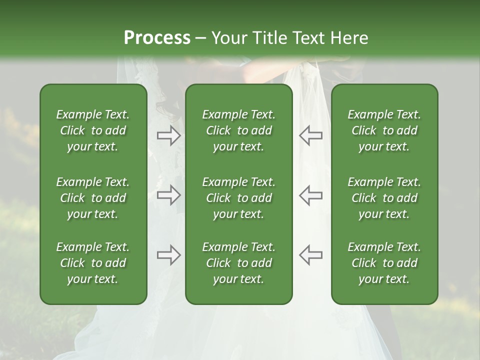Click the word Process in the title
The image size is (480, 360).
[x=157, y=38]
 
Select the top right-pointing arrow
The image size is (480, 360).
[x=169, y=135]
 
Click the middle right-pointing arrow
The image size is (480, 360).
[x=169, y=195]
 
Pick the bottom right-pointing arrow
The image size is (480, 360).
[x=169, y=255]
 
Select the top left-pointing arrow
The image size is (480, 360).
[x=310, y=135]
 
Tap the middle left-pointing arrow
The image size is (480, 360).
[x=310, y=195]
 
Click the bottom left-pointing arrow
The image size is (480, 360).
[x=310, y=255]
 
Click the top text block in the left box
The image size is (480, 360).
[x=93, y=130]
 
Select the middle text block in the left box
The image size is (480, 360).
[x=93, y=198]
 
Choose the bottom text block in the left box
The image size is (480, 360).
[x=93, y=263]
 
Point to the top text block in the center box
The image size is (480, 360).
[x=239, y=130]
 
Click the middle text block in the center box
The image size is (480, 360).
[x=239, y=198]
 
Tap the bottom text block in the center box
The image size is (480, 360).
[x=239, y=263]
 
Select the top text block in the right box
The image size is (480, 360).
[x=384, y=130]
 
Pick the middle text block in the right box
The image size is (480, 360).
[x=384, y=198]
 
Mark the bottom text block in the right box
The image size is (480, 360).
[x=384, y=263]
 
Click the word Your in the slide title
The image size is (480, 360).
[x=229, y=38]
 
